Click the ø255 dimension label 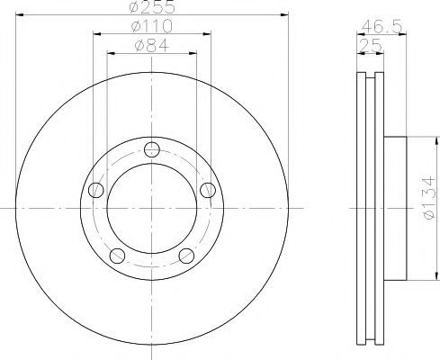pyautogui.click(x=152, y=6)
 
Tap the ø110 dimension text pyautogui.click(x=152, y=26)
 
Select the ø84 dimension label pyautogui.click(x=152, y=46)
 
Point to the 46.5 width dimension pyautogui.click(x=382, y=27)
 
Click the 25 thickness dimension pyautogui.click(x=370, y=46)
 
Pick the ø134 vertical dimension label pyautogui.click(x=428, y=198)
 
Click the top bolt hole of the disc pyautogui.click(x=152, y=149)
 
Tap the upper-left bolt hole pyautogui.click(x=96, y=190)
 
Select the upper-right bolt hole pyautogui.click(x=208, y=190)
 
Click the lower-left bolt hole pyautogui.click(x=117, y=256)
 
